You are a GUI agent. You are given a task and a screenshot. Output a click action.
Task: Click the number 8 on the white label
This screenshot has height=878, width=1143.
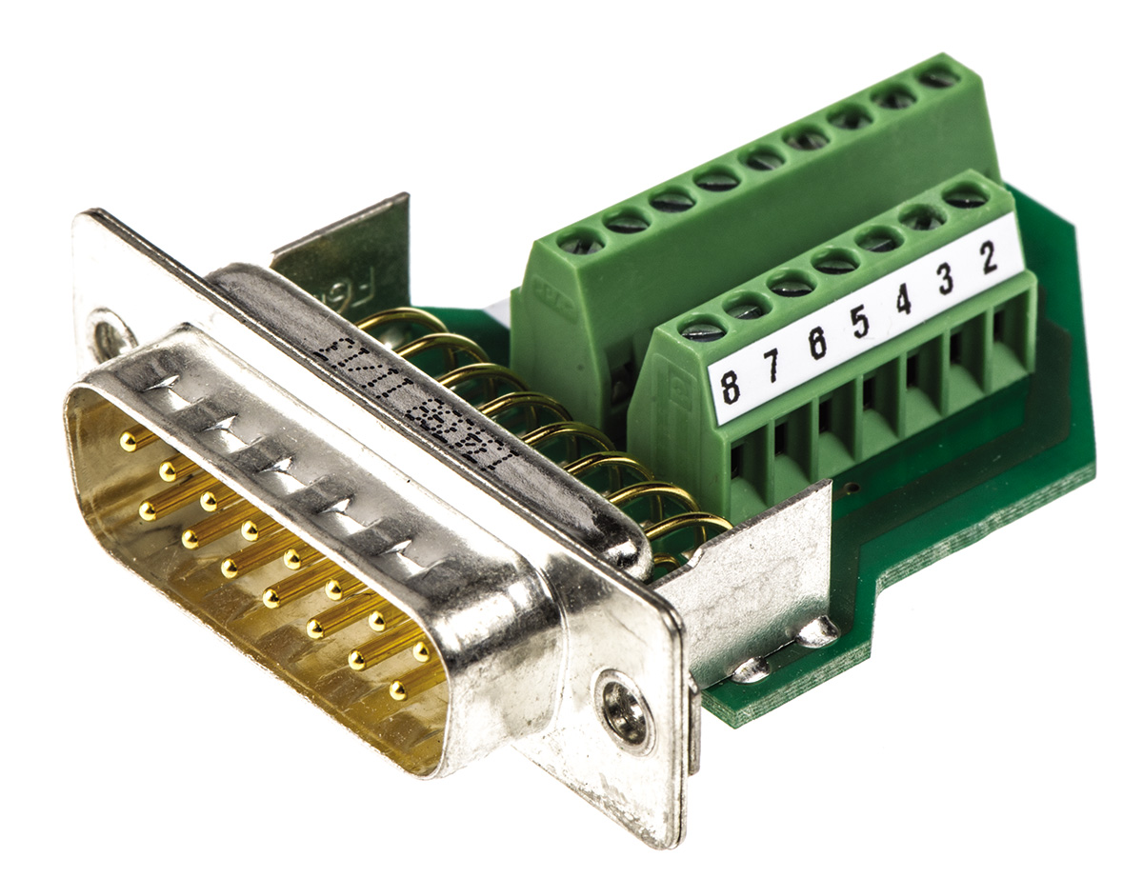[x=730, y=387]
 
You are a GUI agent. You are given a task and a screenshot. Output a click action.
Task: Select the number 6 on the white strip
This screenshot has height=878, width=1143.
[x=816, y=344]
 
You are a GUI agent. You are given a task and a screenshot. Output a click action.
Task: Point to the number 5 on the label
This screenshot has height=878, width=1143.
[x=860, y=323]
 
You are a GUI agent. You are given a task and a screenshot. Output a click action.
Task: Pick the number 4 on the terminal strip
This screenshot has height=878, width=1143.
[x=903, y=301]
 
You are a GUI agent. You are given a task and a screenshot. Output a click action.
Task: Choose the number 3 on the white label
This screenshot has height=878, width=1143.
[x=946, y=279]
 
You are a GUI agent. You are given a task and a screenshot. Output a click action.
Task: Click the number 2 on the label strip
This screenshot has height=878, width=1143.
[x=989, y=258]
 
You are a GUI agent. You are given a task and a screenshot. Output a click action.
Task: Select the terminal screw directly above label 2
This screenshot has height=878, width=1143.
[x=966, y=197]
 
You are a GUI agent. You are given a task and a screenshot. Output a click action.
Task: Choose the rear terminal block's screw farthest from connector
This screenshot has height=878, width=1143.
[x=939, y=75]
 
